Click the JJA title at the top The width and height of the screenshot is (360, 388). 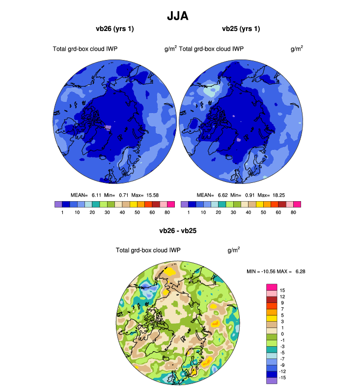click(177, 16)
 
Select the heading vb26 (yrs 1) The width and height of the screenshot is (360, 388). click(115, 29)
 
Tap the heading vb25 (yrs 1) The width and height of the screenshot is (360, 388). click(241, 29)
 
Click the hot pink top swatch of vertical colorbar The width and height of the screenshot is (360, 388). click(271, 287)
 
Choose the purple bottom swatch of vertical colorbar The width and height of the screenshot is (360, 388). click(271, 380)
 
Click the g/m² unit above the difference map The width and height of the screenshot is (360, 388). click(233, 250)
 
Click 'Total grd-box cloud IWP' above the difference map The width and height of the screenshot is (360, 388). click(148, 250)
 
